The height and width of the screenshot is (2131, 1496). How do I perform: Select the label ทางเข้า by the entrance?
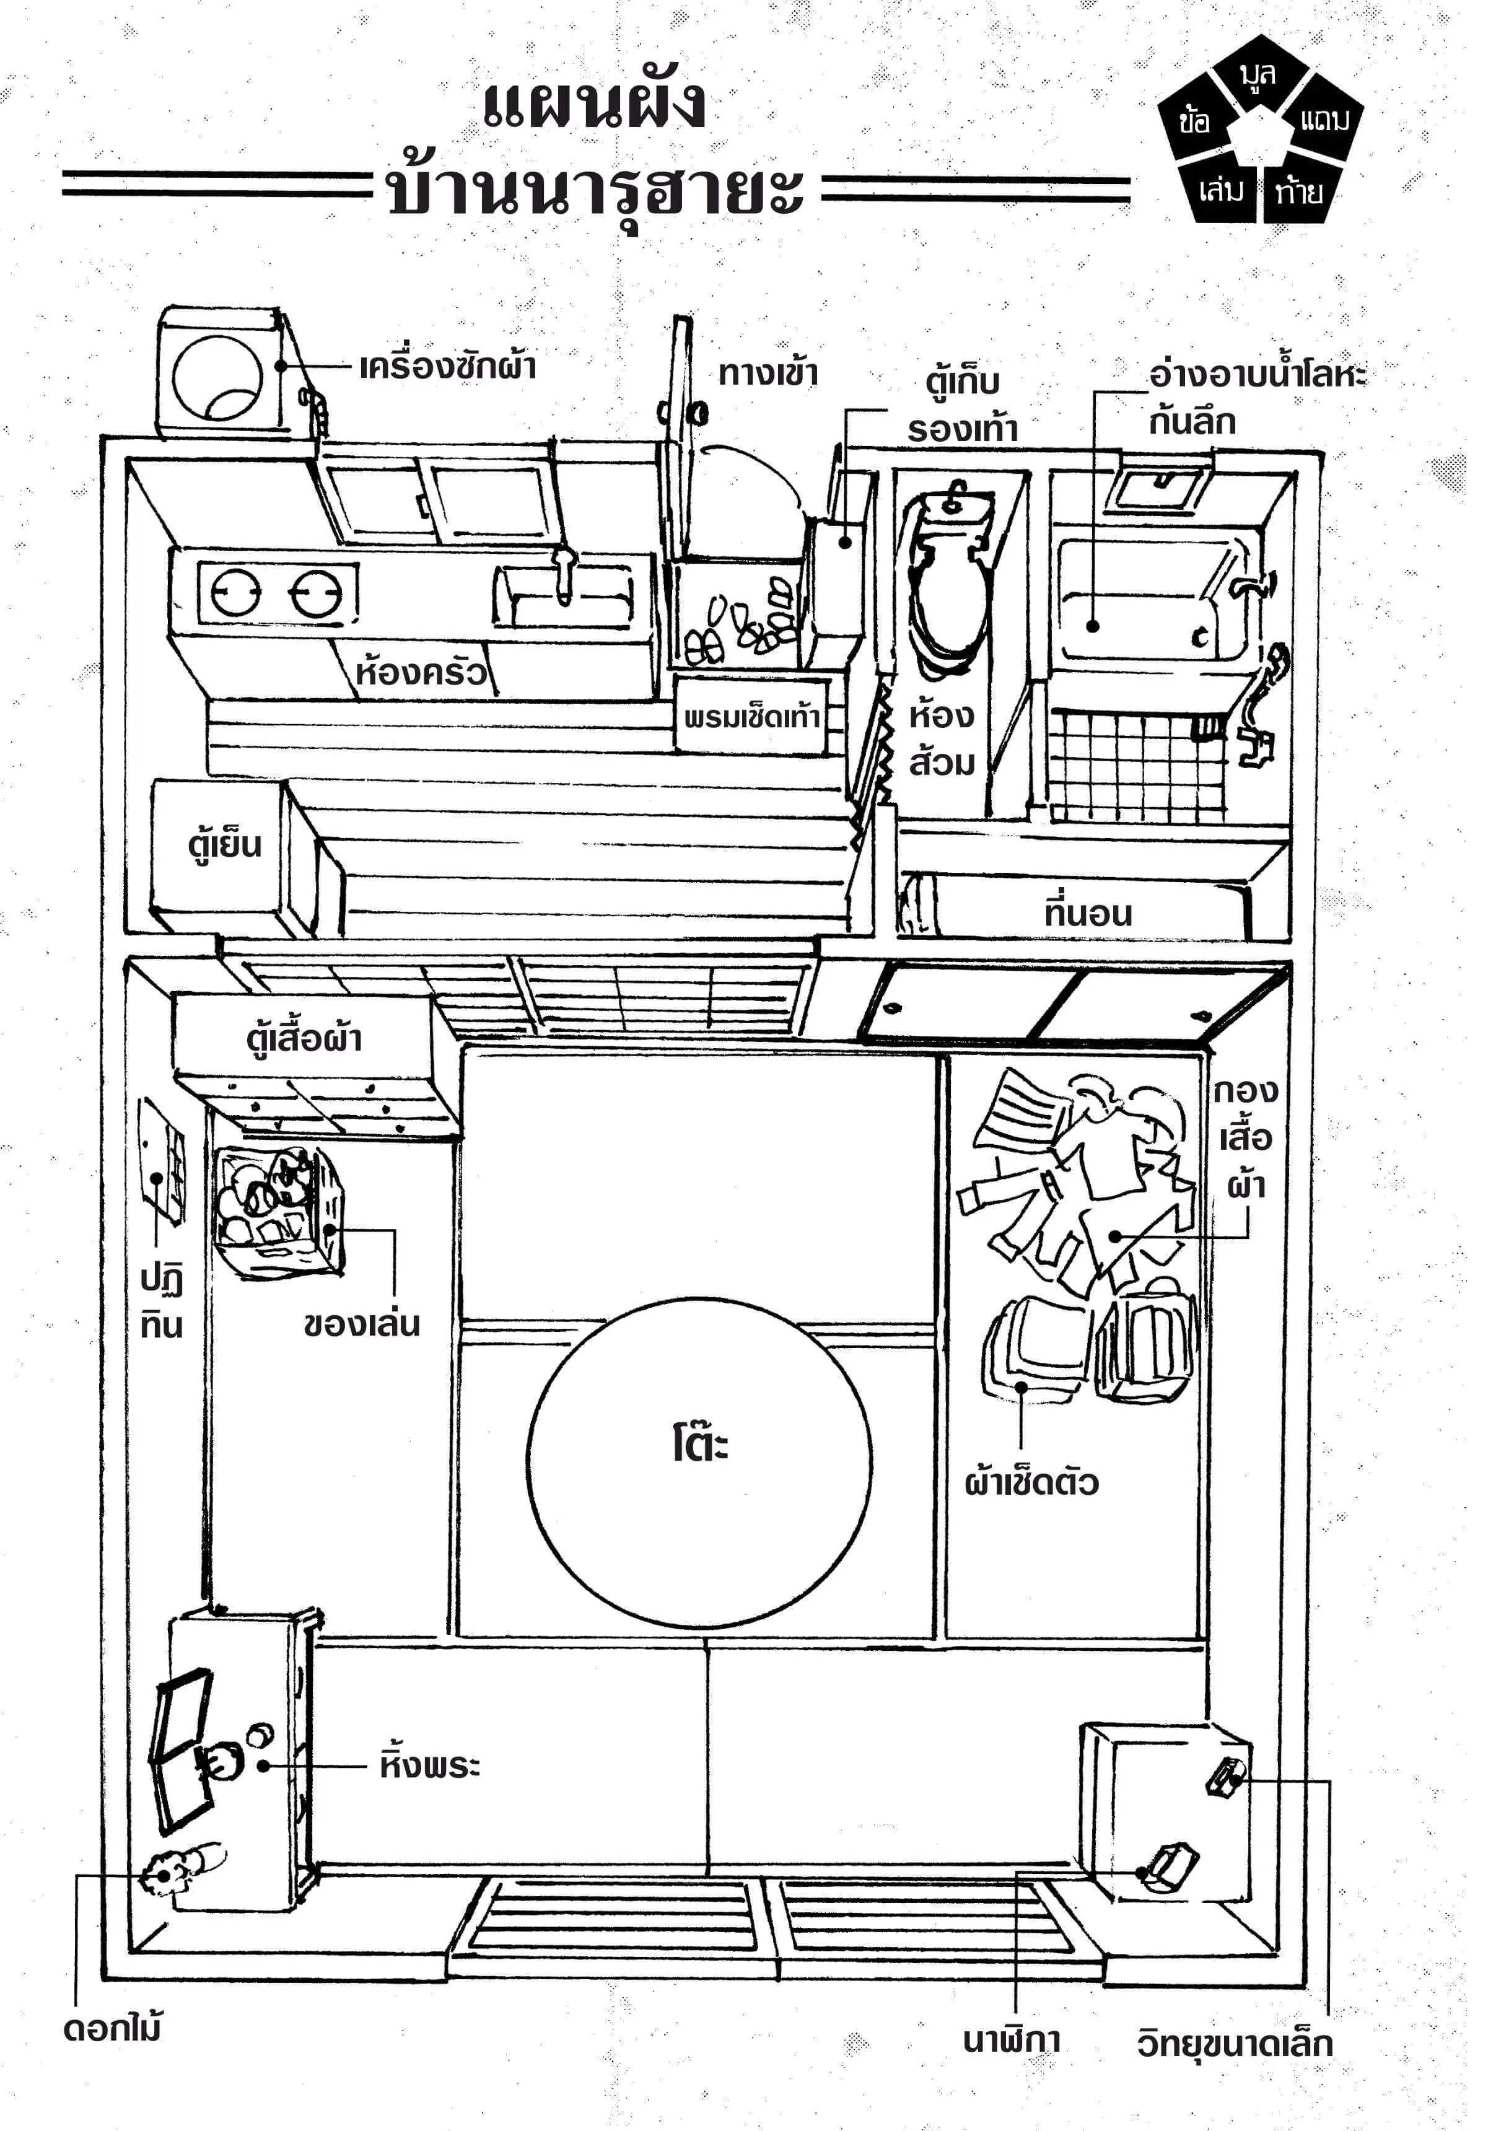tap(768, 373)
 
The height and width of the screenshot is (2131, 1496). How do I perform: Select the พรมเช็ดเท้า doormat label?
tap(751, 717)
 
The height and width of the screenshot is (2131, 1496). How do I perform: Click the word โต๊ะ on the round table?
tap(701, 1445)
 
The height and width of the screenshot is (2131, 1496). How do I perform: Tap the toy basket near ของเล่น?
tap(276, 1210)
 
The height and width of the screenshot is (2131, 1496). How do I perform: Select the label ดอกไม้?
tap(112, 2028)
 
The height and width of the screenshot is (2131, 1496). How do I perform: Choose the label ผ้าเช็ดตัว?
tap(1031, 1482)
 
